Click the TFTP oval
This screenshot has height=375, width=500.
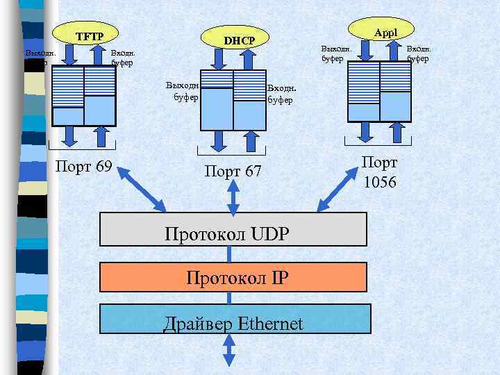[x=88, y=35]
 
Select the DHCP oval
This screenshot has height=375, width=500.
[x=235, y=42]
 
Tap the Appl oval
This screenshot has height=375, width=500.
[x=383, y=31]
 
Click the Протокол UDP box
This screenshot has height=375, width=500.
[x=233, y=229]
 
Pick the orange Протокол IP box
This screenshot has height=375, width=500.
[x=233, y=277]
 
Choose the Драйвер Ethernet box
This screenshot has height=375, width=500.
[x=233, y=322]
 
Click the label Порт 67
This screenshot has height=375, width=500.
[x=233, y=171]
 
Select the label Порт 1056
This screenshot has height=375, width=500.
[x=379, y=172]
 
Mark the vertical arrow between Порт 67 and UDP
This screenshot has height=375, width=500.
[x=233, y=198]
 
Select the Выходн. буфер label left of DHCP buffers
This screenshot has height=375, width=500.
[x=183, y=91]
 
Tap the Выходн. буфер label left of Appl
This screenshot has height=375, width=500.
[x=335, y=53]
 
